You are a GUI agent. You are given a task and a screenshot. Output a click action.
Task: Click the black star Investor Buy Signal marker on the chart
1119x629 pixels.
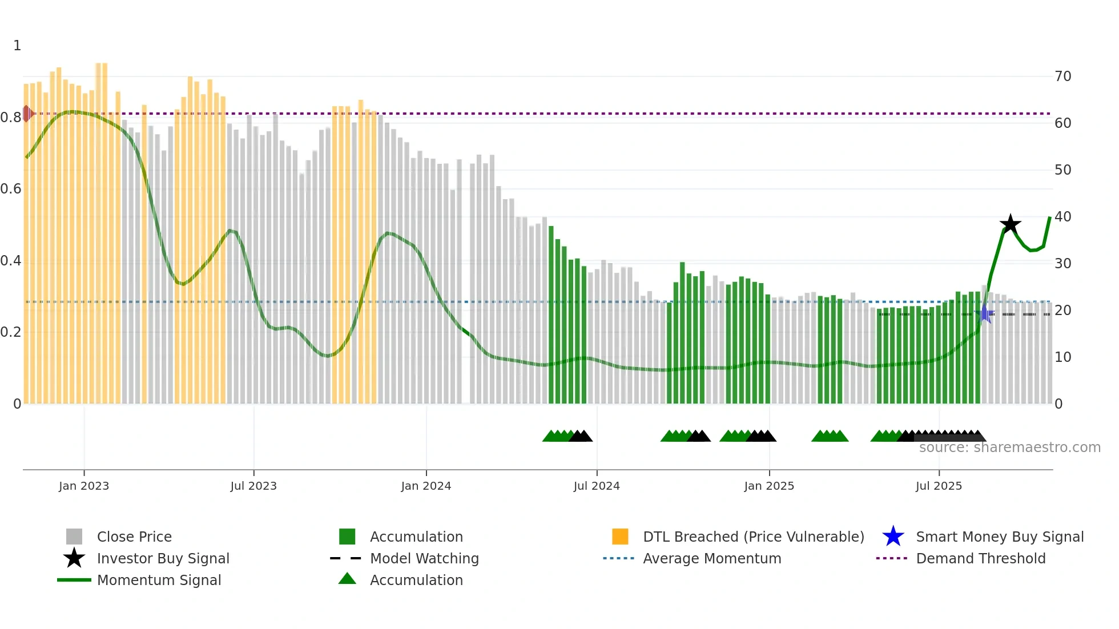coord(1010,224)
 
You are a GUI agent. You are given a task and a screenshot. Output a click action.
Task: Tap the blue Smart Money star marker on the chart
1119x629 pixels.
coord(984,314)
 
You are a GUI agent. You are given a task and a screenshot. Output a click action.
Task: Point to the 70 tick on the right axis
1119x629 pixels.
coord(1062,76)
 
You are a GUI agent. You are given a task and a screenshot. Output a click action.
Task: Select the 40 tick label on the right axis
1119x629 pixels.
coord(1062,217)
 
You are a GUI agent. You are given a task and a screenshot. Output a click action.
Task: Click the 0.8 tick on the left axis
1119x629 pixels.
coord(11,118)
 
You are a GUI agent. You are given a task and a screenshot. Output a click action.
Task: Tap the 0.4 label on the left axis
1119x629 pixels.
coord(11,261)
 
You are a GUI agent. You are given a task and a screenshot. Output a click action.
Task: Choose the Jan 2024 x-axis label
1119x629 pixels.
coord(426,486)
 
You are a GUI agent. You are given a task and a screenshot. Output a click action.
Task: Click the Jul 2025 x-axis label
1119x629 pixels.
coord(939,486)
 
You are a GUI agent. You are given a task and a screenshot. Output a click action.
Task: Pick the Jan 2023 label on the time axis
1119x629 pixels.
coord(84,486)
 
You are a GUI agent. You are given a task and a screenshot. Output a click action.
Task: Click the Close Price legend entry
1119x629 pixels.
coord(134,537)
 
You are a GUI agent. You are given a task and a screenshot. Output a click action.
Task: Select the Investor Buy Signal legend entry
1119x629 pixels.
coord(163,559)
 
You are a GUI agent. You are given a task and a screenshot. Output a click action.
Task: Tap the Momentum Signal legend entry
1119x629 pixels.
coord(159,580)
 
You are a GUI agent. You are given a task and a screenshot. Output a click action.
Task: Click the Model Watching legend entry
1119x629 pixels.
coord(424,559)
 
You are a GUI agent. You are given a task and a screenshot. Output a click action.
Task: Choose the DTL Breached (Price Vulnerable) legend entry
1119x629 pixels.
coord(753,537)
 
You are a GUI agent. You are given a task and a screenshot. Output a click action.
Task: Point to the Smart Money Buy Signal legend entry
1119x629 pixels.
coord(999,537)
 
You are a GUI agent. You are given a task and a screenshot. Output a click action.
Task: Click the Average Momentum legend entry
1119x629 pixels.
coord(711,559)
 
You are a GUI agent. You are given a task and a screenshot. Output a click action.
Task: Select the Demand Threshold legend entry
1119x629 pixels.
coord(980,559)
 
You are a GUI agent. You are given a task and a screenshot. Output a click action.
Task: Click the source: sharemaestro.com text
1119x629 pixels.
coord(1009,447)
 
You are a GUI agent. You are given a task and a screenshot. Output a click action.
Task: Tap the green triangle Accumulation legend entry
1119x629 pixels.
coord(416,580)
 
